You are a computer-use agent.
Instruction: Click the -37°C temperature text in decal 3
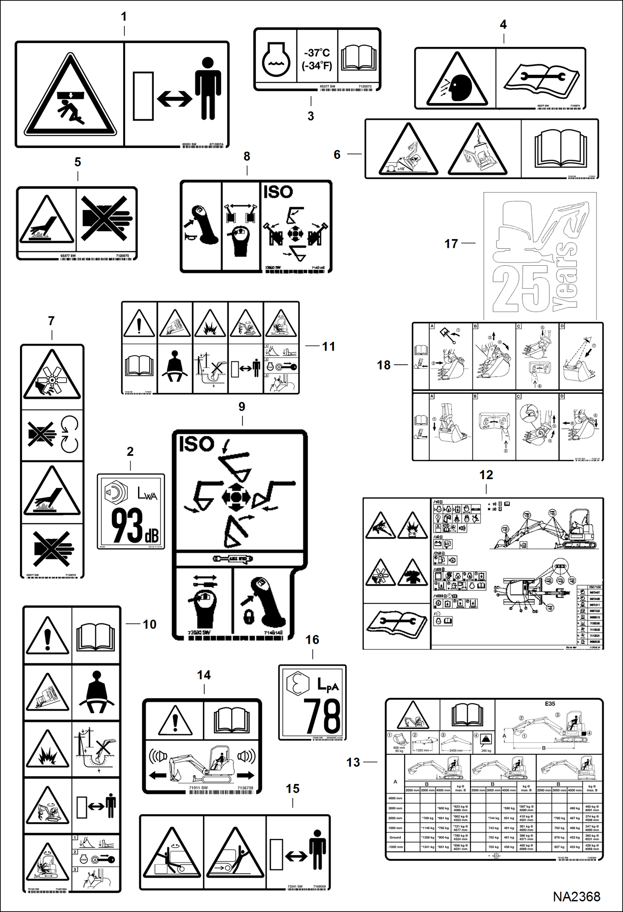(317, 53)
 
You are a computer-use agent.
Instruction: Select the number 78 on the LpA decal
(322, 717)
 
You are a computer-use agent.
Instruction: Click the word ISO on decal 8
(278, 192)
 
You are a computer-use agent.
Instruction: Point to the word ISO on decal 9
(196, 444)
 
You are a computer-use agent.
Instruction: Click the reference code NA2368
(576, 896)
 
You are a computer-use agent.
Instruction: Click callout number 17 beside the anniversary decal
(451, 244)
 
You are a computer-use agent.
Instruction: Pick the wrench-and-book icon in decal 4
(541, 79)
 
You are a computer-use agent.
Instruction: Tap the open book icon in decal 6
(560, 148)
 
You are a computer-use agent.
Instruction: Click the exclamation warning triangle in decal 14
(175, 720)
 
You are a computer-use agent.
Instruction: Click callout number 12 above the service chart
(486, 475)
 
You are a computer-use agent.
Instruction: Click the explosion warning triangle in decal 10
(47, 750)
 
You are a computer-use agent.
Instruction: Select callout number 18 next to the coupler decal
(383, 365)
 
